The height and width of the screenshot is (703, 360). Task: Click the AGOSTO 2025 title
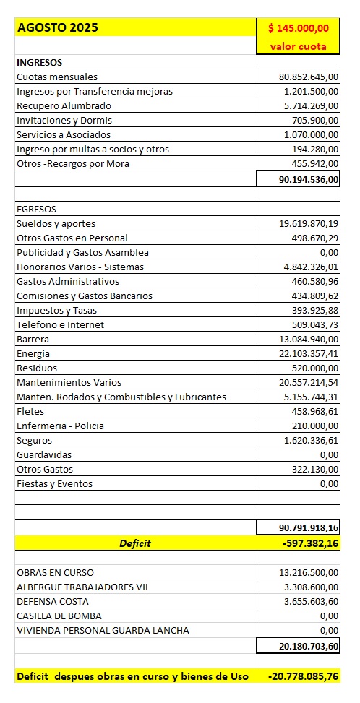(x=58, y=28)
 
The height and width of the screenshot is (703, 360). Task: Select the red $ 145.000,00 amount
(x=299, y=28)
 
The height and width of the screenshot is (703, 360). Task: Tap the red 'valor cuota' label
(x=299, y=46)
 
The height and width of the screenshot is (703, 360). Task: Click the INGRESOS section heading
(x=39, y=63)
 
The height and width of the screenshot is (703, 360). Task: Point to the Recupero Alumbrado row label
(x=59, y=105)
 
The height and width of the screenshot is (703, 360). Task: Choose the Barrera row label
(x=33, y=339)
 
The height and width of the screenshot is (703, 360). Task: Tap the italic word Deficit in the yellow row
(x=135, y=543)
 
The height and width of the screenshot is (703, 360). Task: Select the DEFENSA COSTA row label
(x=53, y=601)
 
